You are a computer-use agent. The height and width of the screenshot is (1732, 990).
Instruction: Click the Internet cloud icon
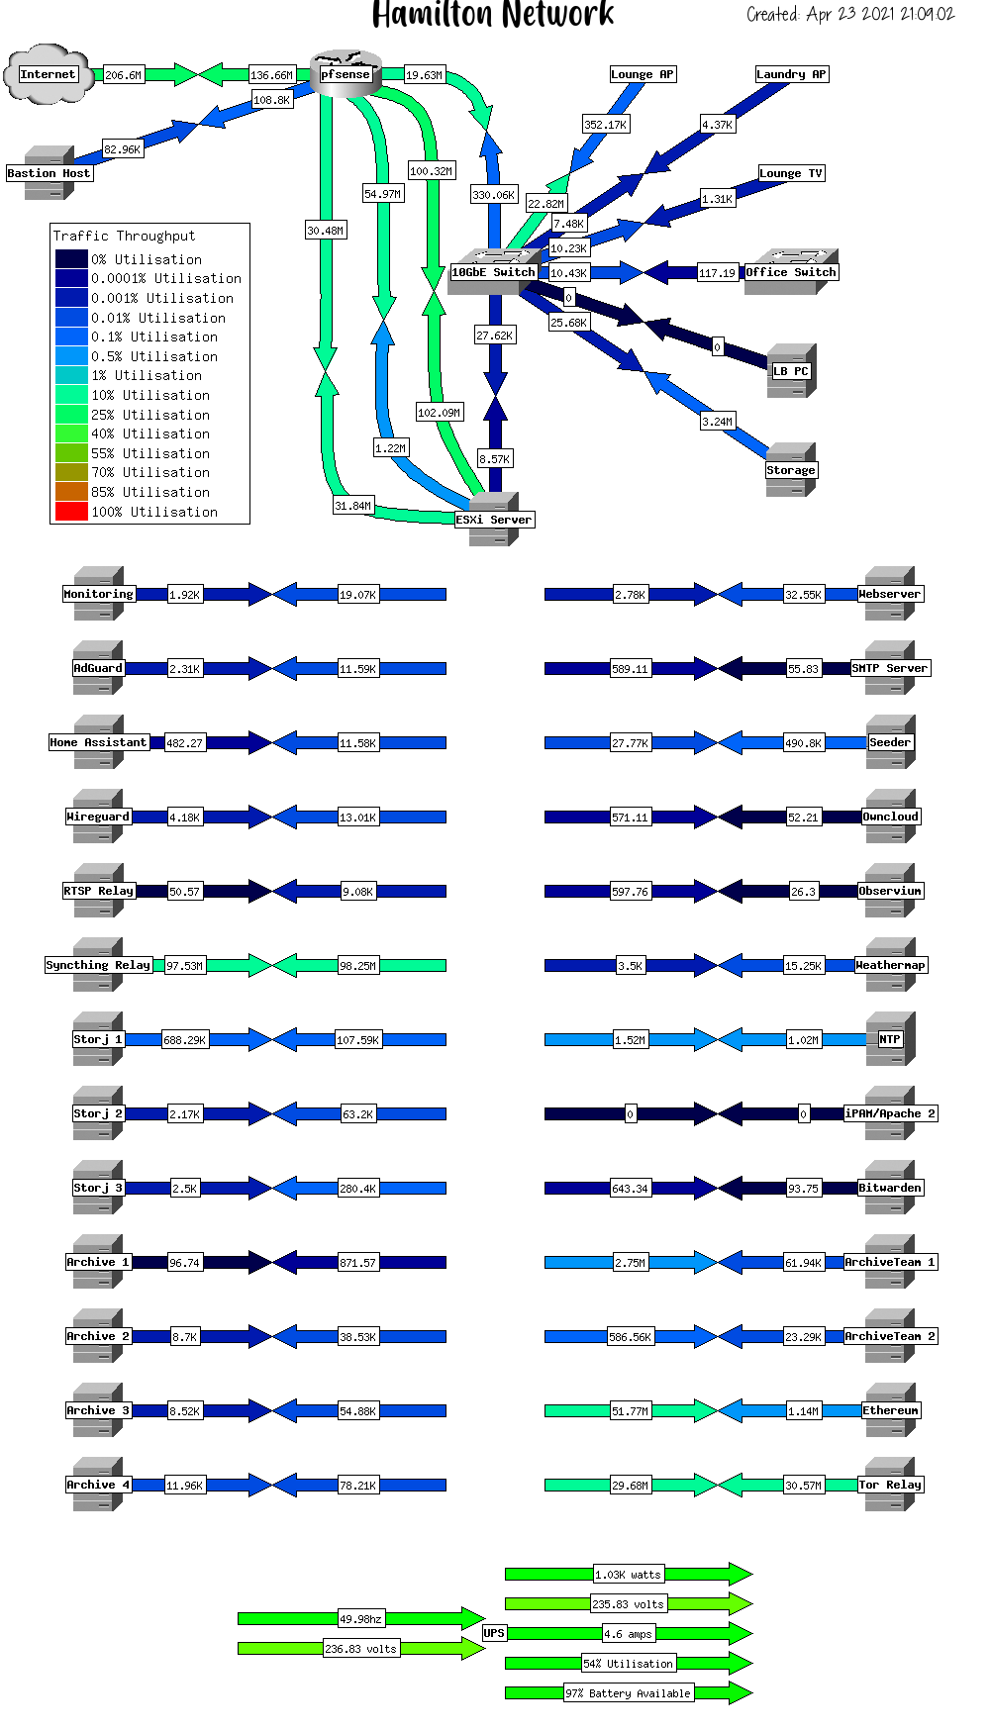(x=48, y=74)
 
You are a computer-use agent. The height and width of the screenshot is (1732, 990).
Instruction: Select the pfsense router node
(x=346, y=74)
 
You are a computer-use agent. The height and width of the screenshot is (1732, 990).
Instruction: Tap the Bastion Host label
(x=49, y=173)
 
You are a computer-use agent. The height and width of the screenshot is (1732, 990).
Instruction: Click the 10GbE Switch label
(x=493, y=272)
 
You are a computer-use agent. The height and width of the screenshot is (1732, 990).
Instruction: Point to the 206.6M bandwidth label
(x=123, y=75)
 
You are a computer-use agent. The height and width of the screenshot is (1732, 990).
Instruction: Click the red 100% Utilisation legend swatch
(x=71, y=512)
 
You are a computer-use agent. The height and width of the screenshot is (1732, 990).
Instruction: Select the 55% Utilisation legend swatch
(x=71, y=453)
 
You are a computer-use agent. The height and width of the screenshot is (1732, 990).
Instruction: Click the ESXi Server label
(x=493, y=520)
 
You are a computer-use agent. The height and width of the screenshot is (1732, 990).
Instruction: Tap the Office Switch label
(x=790, y=272)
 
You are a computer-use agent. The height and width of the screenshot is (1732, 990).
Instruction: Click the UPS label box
(x=493, y=1633)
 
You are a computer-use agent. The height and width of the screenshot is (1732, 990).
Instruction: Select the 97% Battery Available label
(x=628, y=1693)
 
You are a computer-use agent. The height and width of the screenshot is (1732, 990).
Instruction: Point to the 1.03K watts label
(x=628, y=1575)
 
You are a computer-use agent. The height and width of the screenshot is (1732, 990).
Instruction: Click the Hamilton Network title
(x=493, y=15)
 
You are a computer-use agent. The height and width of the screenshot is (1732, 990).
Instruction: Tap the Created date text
(x=849, y=14)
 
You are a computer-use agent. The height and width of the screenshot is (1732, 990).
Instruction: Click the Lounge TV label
(x=790, y=173)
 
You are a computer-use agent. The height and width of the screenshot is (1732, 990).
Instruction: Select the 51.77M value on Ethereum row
(x=630, y=1411)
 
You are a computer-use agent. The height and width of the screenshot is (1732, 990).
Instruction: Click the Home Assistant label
(x=98, y=742)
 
